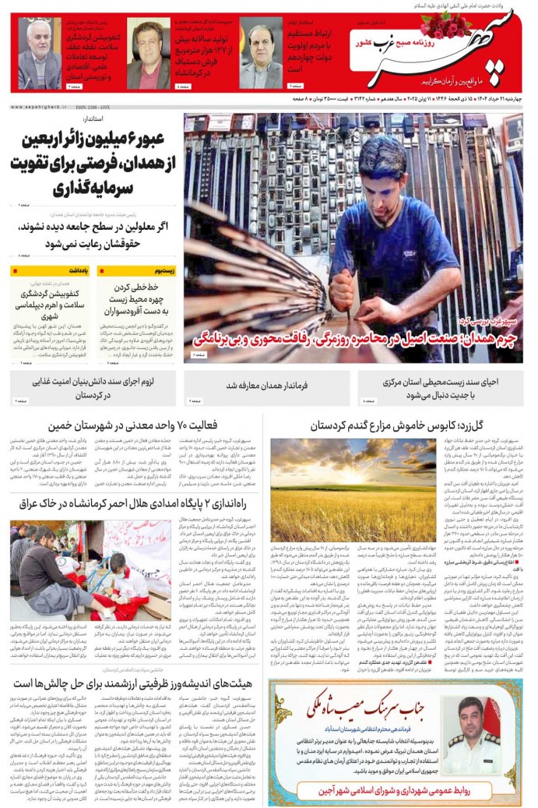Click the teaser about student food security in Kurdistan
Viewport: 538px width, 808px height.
point(92,388)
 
